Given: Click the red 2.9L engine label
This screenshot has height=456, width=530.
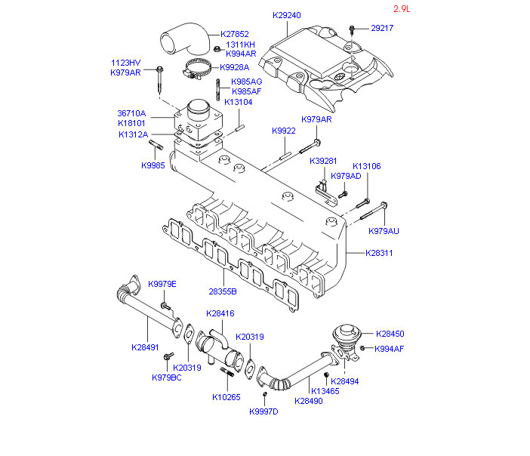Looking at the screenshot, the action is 402,9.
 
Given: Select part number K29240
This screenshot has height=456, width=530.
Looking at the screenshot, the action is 287,15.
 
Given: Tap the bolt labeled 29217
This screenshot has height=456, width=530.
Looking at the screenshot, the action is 352,29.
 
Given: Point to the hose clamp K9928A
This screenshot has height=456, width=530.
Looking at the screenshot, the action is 196,68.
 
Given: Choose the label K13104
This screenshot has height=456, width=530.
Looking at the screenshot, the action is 239,102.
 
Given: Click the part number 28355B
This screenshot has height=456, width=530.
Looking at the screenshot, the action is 223,291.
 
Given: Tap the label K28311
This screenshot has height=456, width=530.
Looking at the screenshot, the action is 379,253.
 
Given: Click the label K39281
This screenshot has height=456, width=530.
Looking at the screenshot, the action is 323,161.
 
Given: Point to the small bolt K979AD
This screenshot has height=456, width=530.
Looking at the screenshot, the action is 343,195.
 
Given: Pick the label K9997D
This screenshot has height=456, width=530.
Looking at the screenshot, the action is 263,411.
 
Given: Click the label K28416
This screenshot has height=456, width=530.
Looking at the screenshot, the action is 220,313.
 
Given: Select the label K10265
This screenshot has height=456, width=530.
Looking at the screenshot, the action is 226,397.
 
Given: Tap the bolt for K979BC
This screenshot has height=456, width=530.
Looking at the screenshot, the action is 168,356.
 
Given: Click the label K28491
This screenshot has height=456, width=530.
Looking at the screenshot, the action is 145,347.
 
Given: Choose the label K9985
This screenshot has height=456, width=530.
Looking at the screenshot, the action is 153,165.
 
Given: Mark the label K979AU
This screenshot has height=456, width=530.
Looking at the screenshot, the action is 384,231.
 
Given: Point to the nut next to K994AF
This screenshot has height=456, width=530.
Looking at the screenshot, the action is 362,348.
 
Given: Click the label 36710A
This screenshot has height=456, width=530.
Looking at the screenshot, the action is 131,113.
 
